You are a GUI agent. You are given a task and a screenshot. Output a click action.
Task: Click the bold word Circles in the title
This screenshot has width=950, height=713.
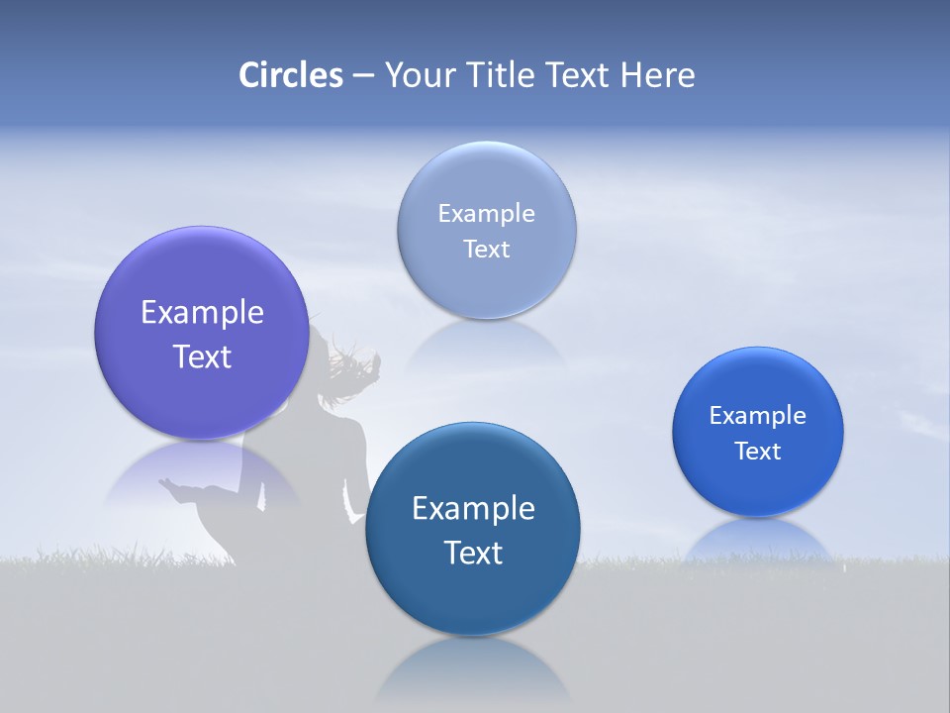(x=291, y=75)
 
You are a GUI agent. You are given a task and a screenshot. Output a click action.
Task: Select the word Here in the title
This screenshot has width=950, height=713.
(x=657, y=75)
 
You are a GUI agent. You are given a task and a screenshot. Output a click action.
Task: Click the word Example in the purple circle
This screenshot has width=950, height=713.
(x=202, y=313)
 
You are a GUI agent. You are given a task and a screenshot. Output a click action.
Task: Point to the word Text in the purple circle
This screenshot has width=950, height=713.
(x=202, y=356)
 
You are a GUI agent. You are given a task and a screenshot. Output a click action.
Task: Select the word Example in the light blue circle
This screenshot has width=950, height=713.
(x=487, y=214)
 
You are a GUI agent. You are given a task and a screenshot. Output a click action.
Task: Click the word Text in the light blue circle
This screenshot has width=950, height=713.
(x=487, y=250)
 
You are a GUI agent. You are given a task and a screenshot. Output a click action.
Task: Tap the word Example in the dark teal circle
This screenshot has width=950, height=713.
(x=473, y=509)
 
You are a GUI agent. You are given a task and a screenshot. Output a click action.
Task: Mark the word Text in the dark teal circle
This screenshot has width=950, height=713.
(x=473, y=553)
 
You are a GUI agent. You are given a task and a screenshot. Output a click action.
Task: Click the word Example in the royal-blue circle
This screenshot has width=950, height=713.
(x=758, y=416)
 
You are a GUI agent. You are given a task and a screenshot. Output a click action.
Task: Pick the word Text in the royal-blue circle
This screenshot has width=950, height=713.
(x=758, y=452)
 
